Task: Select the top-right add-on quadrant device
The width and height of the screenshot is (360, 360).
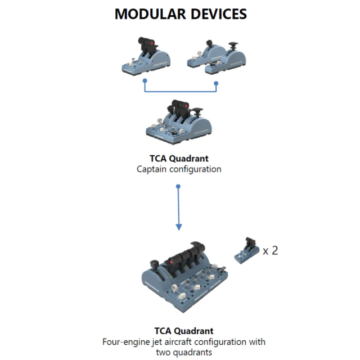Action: pos(217,56)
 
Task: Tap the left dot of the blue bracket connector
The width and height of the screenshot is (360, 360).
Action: pos(145,82)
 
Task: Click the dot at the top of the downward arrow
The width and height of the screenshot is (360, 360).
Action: pos(179,186)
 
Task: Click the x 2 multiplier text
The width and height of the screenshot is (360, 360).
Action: pos(271,250)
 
